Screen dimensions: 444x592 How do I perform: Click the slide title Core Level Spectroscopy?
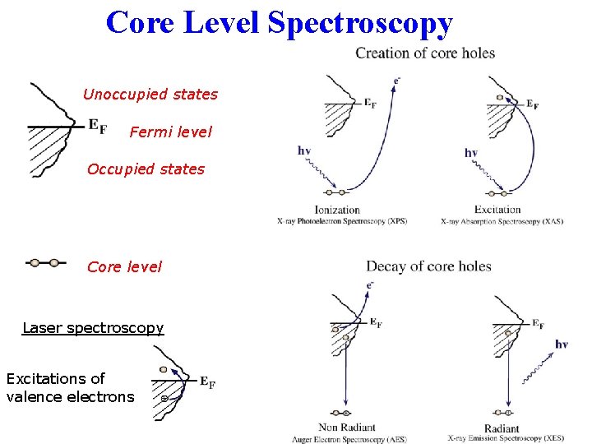point(280,22)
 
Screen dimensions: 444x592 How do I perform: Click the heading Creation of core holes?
point(425,53)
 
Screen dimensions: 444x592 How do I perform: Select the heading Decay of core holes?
point(428,266)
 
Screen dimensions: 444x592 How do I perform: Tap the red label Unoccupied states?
point(150,94)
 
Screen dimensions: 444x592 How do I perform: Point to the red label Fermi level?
point(170,132)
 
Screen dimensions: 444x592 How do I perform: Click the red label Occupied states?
point(146,169)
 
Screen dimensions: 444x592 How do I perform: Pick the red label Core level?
point(124,266)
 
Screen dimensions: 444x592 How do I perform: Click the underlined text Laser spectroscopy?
point(93,328)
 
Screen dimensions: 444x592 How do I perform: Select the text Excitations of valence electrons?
point(70,388)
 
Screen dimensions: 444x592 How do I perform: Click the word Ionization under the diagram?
point(337,210)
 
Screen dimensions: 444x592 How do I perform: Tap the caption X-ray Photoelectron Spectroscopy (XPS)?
point(342,221)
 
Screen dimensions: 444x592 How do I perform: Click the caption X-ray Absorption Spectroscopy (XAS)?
point(502,221)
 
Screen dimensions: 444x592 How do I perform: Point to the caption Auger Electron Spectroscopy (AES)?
point(349,439)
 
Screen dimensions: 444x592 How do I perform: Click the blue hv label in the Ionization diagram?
point(304,150)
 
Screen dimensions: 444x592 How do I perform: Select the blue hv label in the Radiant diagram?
point(562,345)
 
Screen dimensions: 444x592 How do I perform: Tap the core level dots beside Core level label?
point(44,263)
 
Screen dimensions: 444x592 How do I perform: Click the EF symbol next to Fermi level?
point(97,126)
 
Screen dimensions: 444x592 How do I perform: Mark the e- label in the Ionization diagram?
point(396,81)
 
